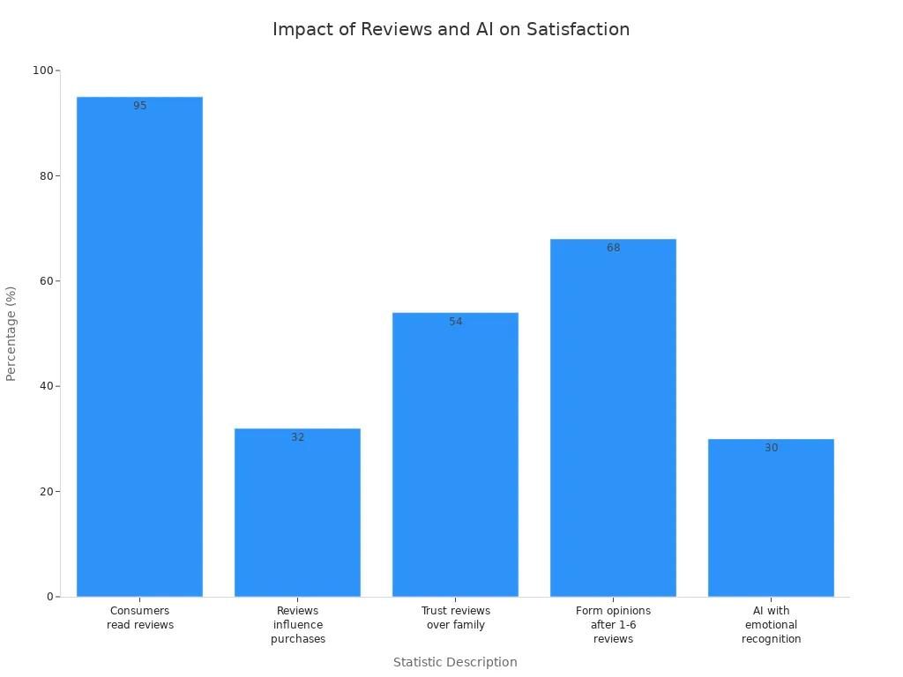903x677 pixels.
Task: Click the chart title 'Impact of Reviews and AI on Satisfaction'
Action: coord(451,29)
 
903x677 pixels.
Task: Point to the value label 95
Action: coord(140,106)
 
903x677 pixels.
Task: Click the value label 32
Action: coord(297,437)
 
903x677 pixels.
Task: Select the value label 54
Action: coord(455,322)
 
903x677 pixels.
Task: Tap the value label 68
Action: coord(613,248)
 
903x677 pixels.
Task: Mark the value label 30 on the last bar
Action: coord(771,448)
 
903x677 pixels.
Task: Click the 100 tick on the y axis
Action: coord(42,71)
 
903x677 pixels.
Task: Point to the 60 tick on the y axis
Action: coord(45,281)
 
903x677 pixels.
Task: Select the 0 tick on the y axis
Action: coord(49,597)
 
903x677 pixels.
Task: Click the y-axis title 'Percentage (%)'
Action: coord(11,333)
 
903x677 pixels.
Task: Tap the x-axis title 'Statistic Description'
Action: coord(455,662)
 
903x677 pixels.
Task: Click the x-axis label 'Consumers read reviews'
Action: coord(140,618)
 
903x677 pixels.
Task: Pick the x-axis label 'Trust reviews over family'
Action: coord(455,618)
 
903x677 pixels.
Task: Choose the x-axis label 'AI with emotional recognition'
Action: coord(771,625)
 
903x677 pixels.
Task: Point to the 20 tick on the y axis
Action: coord(45,492)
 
